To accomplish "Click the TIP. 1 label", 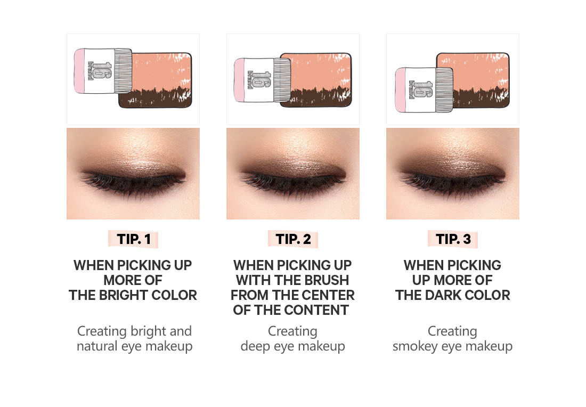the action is [133, 239].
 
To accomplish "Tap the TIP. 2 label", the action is [293, 239].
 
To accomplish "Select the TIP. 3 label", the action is [453, 239].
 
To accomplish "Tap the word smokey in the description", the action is [415, 347].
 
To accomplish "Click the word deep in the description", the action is [255, 347].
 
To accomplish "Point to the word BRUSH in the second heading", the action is [327, 280].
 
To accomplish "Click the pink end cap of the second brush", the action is [239, 79].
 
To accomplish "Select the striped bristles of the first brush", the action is [123, 70].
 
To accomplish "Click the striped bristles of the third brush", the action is [444, 89].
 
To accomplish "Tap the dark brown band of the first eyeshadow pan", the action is [155, 99].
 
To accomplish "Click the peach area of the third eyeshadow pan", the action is [473, 71].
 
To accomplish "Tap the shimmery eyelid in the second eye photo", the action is [293, 161].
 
